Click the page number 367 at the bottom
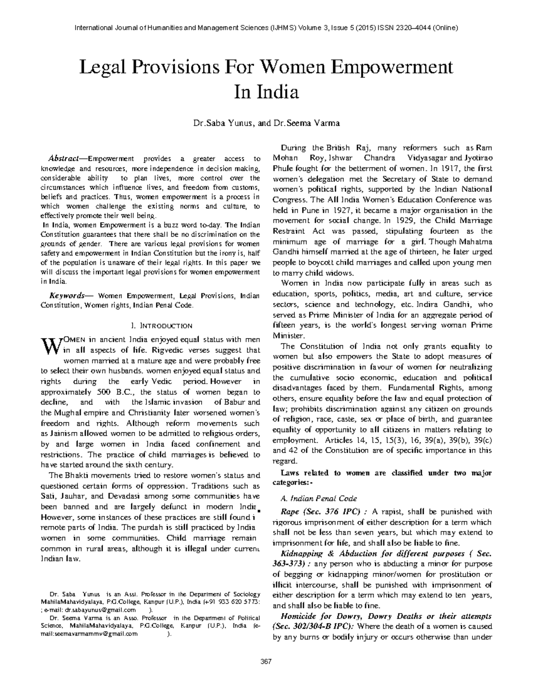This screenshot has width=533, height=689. click(x=266, y=661)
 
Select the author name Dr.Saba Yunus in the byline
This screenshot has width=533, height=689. click(x=222, y=123)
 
